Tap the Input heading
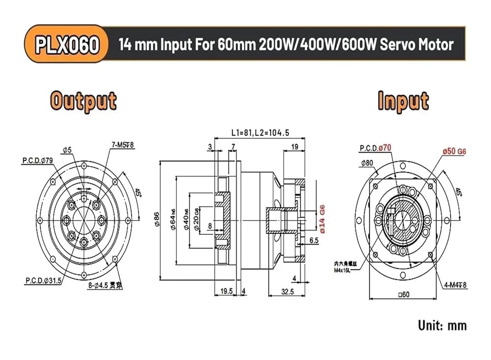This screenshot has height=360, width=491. (403, 101)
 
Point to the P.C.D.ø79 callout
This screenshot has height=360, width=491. (38, 160)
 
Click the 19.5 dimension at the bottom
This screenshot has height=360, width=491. (226, 291)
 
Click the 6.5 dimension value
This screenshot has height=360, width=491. (314, 240)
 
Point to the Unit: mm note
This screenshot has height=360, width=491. (442, 325)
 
